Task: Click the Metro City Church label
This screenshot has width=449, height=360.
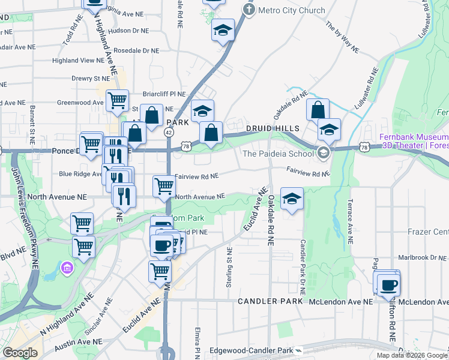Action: (291, 10)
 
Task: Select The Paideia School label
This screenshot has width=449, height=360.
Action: (278, 153)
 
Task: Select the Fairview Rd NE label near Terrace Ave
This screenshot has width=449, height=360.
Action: (308, 173)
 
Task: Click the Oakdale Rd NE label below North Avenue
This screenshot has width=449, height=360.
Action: (271, 220)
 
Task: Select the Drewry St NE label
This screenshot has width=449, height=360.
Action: (91, 78)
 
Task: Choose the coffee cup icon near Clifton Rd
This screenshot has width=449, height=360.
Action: (389, 283)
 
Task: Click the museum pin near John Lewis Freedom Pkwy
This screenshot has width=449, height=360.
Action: (67, 266)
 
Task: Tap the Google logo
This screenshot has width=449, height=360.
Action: (20, 352)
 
